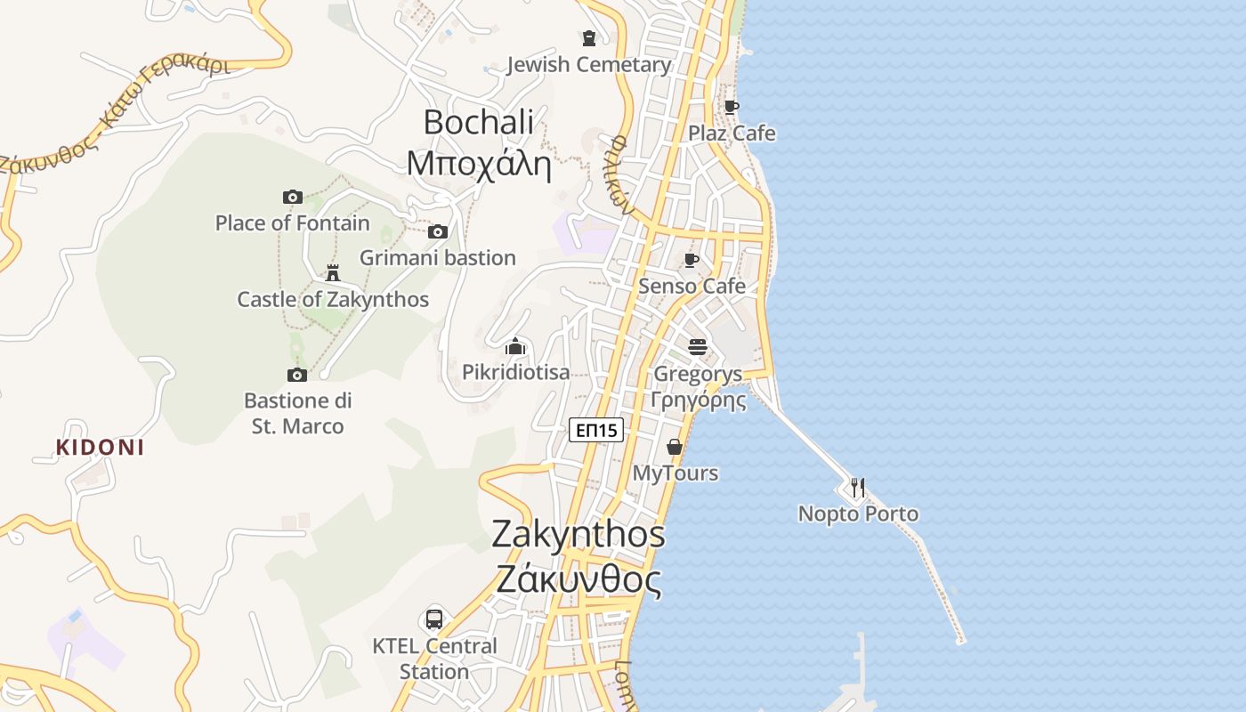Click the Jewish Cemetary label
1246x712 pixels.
(x=588, y=65)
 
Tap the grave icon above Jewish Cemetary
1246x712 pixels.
(x=588, y=38)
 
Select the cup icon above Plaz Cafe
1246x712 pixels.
(x=731, y=108)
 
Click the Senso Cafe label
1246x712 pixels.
(x=692, y=287)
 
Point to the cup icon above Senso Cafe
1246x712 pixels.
(x=691, y=261)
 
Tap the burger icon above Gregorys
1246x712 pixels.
(x=697, y=346)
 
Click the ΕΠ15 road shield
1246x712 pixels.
(x=596, y=431)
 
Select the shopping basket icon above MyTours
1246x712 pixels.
(x=675, y=447)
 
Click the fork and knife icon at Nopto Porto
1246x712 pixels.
(x=857, y=488)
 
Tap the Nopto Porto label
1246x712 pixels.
(x=858, y=514)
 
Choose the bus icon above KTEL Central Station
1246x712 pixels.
(x=434, y=619)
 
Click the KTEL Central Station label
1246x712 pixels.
(x=434, y=659)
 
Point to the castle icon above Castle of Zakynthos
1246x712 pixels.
(x=333, y=272)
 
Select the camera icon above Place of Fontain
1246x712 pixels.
(x=293, y=197)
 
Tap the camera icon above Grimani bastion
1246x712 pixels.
(x=437, y=232)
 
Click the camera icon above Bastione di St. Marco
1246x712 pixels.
(x=297, y=375)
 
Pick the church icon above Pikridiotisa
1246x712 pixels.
(x=515, y=346)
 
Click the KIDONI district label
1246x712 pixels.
(x=100, y=448)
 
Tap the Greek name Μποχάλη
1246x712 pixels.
(x=479, y=164)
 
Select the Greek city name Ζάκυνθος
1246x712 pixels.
(x=578, y=581)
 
